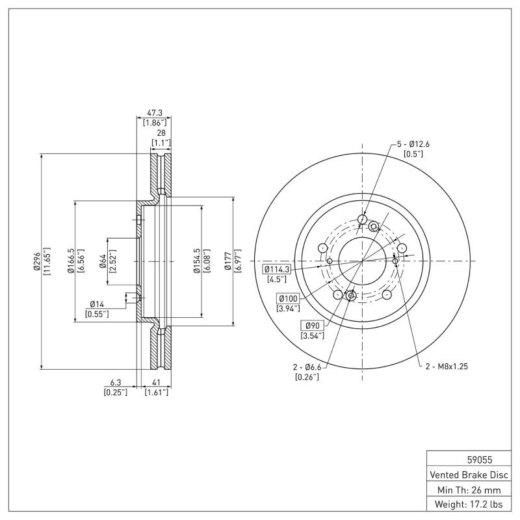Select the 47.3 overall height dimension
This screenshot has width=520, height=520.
[x=155, y=112]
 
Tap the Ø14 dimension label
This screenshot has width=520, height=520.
[x=97, y=304]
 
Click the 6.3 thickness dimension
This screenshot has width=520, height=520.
[x=116, y=383]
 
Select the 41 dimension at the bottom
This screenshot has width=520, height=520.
[x=156, y=383]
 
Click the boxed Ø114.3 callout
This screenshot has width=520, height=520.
[x=276, y=269]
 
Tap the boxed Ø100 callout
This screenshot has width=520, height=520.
[x=288, y=298]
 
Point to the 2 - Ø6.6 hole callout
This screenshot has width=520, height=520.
[x=308, y=367]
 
